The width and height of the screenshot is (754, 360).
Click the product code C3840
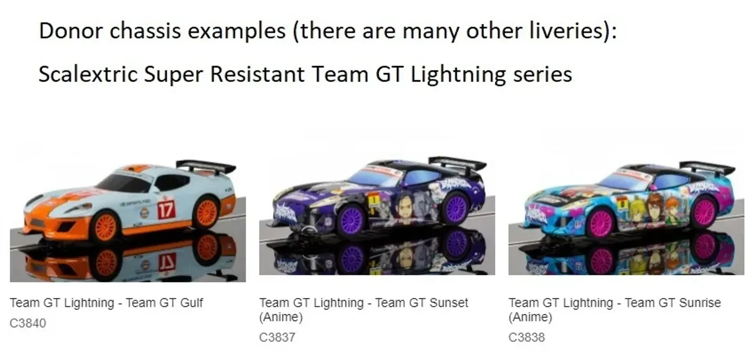coord(28,323)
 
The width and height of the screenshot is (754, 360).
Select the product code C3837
coord(277,337)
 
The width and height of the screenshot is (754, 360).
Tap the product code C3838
coord(527,337)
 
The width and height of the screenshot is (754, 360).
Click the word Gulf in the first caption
coord(192,303)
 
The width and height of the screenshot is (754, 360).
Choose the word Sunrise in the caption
coord(700,303)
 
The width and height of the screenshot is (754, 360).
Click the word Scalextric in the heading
coord(88,74)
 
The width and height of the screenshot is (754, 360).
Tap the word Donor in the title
coord(71,31)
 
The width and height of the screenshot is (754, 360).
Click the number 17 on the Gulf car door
coord(166,210)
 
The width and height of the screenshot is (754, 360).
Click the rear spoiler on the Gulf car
coord(206,166)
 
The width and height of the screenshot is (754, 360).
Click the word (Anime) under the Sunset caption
coord(281,317)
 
